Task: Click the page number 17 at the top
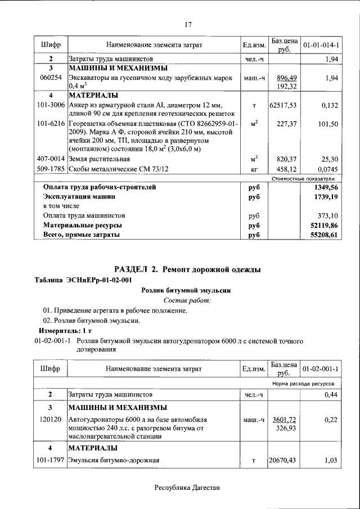[x=188, y=24]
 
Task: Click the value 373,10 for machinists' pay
[x=327, y=215]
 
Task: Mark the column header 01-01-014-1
[x=321, y=44]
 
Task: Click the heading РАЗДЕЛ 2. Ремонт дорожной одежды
[x=187, y=270]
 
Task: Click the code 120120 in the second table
[x=51, y=420]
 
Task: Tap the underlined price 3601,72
[x=283, y=420]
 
